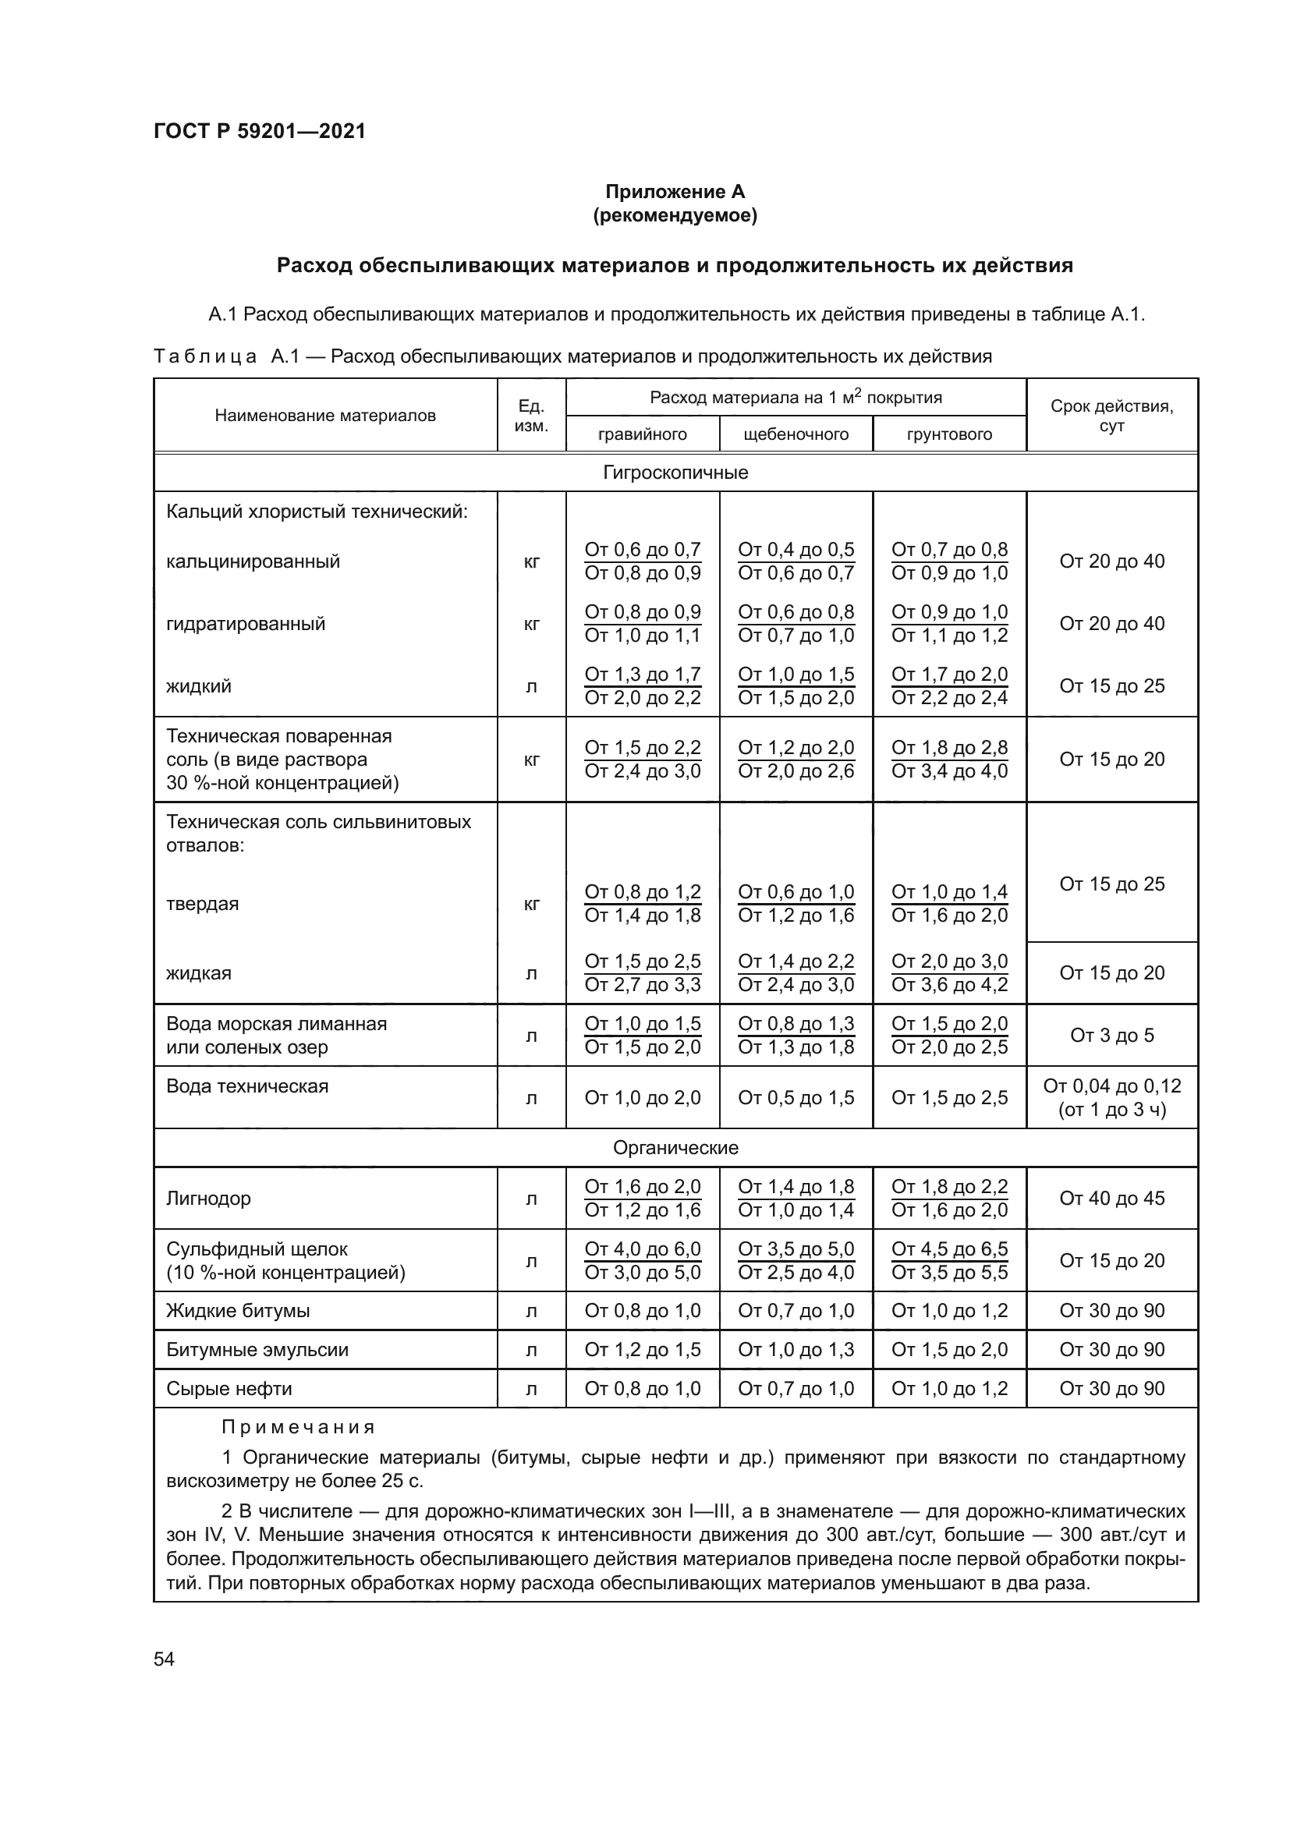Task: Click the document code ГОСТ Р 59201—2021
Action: [x=260, y=131]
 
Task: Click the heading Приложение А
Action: [x=675, y=192]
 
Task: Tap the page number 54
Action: [x=164, y=1659]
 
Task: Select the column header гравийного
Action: [x=642, y=434]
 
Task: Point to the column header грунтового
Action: [x=949, y=434]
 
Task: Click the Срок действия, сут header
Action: [x=1111, y=416]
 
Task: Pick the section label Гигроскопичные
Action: [x=675, y=473]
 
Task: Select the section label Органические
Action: [x=675, y=1148]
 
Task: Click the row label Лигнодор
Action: [x=208, y=1198]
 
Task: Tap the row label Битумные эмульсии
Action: [x=257, y=1350]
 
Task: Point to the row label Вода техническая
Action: [x=247, y=1086]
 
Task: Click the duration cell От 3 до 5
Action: [x=1111, y=1035]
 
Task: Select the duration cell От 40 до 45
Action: [x=1111, y=1198]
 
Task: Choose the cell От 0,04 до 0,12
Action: [x=1111, y=1086]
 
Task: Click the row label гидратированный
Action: [x=246, y=624]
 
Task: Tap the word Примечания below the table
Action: [x=298, y=1428]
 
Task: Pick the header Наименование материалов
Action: [x=325, y=416]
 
